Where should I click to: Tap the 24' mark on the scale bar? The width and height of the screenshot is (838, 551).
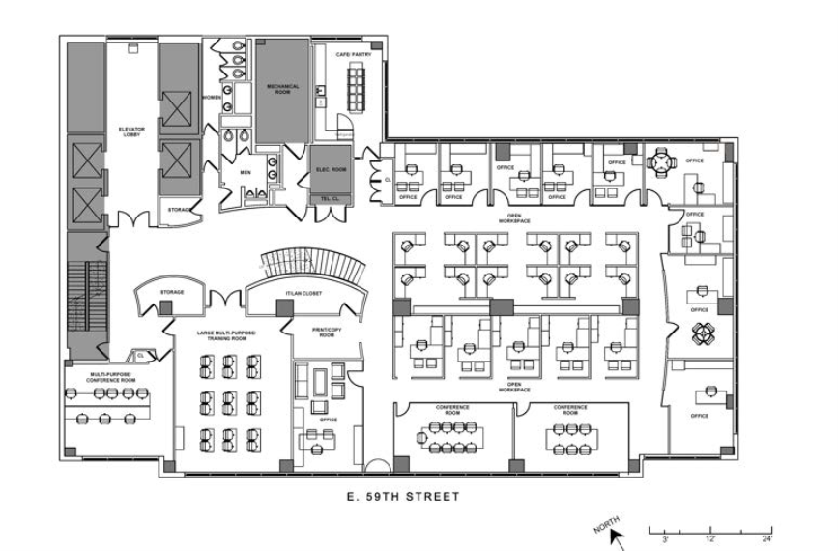click(766, 539)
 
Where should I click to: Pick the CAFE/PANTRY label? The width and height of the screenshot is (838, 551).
click(354, 55)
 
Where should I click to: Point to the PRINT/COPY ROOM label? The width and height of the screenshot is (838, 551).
click(322, 332)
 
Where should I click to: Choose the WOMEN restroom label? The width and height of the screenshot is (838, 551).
click(213, 97)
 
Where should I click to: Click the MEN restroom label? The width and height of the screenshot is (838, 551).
click(245, 173)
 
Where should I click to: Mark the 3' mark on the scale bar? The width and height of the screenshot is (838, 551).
click(667, 539)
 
